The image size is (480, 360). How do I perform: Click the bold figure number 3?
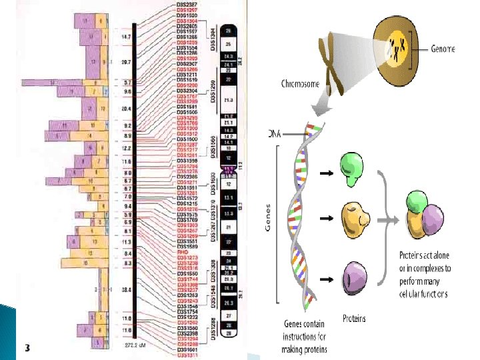(27, 347)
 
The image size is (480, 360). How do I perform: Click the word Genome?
(443, 49)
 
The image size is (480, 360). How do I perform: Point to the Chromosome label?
(299, 84)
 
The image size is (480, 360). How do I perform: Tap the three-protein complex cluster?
(425, 213)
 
